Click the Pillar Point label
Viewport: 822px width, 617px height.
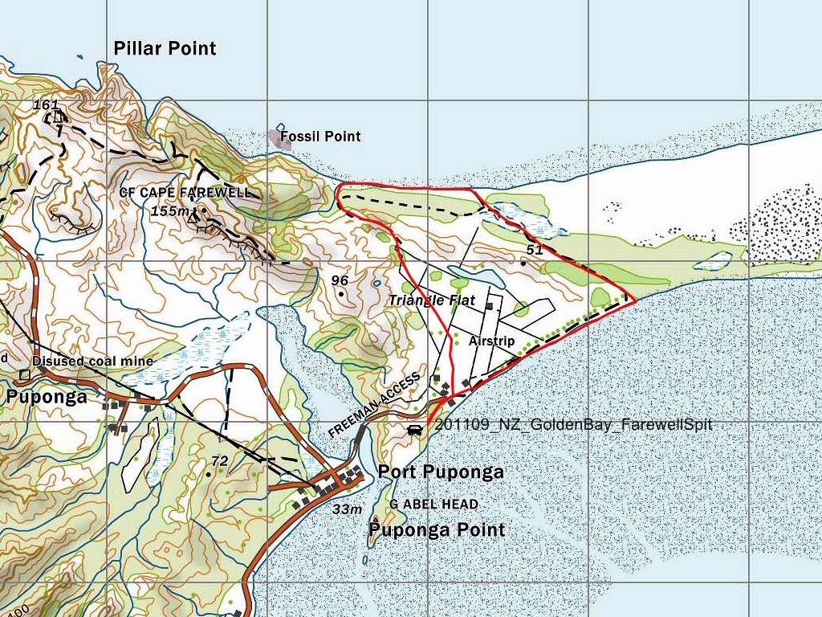(x=165, y=48)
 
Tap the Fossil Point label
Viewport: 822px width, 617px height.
(x=320, y=137)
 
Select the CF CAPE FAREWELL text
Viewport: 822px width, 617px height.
(x=185, y=193)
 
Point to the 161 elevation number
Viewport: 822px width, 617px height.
(x=46, y=104)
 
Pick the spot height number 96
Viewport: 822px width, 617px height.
(x=340, y=280)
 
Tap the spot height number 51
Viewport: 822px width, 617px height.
(x=535, y=250)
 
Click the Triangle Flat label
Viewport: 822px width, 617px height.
(x=432, y=300)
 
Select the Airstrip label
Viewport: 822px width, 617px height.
(x=491, y=341)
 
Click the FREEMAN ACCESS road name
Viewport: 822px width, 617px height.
(x=374, y=406)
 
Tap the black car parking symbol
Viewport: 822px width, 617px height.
(x=415, y=430)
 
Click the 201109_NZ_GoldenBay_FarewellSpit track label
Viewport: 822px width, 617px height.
(x=573, y=425)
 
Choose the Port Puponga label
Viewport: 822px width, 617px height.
(x=441, y=472)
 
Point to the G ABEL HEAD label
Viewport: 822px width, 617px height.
(x=433, y=504)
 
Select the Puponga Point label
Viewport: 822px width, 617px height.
(x=437, y=529)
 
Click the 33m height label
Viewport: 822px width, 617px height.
(x=348, y=509)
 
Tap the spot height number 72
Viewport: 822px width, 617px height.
(x=219, y=460)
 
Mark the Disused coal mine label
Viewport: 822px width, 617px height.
(x=92, y=362)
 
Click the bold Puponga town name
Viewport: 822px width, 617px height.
(x=47, y=397)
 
